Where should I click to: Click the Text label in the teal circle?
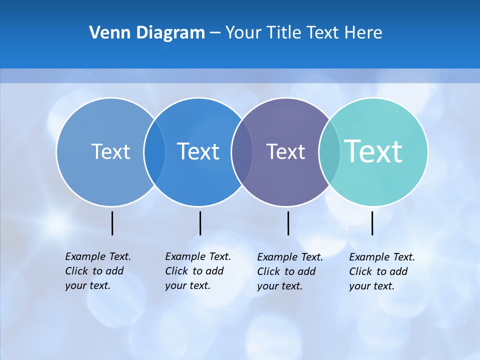click(x=373, y=151)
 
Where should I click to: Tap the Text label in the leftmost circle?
click(x=110, y=151)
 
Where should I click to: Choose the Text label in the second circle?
click(x=198, y=151)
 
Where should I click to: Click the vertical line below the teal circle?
click(x=372, y=223)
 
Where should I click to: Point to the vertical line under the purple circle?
click(x=288, y=223)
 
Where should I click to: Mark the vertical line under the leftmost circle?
click(x=112, y=223)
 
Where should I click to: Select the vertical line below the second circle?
click(x=200, y=223)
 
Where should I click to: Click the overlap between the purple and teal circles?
click(x=329, y=152)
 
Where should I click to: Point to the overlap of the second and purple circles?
click(x=241, y=152)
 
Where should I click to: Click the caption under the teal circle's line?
click(x=382, y=271)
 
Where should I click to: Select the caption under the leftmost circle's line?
click(x=98, y=271)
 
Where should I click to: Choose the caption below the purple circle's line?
click(x=290, y=271)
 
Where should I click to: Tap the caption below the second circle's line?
click(x=198, y=271)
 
